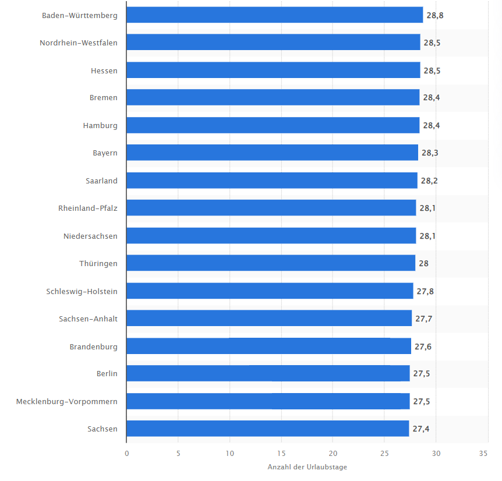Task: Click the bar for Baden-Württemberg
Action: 275,15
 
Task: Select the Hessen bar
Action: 273,70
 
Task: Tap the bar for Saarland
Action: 272,181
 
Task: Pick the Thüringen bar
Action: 271,263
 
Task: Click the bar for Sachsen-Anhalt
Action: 269,318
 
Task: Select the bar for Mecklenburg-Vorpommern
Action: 268,401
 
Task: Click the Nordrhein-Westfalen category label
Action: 79,43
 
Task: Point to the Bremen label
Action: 104,98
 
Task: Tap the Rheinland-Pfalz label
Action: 88,208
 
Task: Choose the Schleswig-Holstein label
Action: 82,292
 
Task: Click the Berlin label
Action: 107,373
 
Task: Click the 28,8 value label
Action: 435,15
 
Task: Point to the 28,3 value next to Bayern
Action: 430,153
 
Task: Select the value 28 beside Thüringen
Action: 423,263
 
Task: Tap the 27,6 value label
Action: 423,346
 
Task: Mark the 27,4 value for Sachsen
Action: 420,429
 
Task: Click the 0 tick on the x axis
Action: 127,454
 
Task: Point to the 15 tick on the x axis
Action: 281,454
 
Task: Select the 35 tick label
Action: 483,454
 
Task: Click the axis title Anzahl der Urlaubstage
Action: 307,467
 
